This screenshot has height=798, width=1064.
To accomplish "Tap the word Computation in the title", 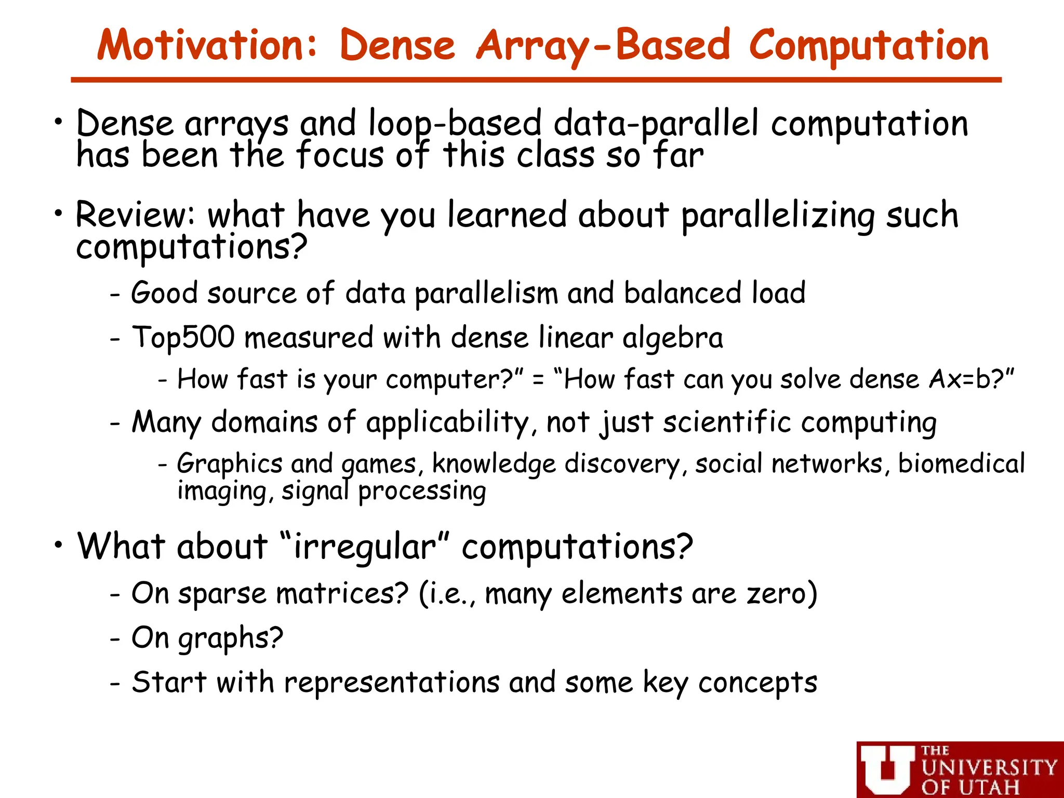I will pos(869,46).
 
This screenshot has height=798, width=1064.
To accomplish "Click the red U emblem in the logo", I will pos(887,769).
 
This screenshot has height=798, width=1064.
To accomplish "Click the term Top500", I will pos(183,337).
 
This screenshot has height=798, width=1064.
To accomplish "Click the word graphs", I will pos(230,638).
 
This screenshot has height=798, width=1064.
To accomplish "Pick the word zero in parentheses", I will pos(776,593).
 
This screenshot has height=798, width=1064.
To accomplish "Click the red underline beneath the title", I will pos(536,80).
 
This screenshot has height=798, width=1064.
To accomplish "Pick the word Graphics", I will pos(229,463).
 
